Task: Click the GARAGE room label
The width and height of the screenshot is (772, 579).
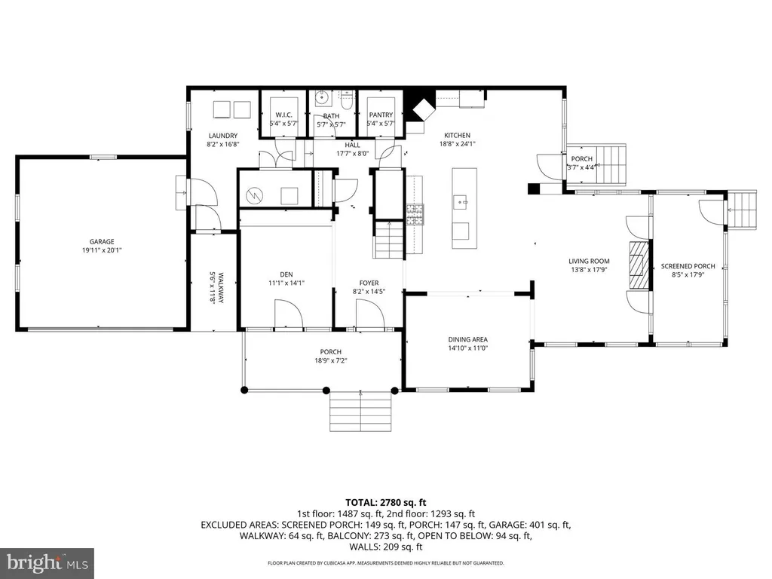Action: tap(102, 242)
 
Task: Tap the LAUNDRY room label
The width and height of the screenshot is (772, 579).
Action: tap(223, 136)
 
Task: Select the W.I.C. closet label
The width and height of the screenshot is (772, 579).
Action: tap(283, 115)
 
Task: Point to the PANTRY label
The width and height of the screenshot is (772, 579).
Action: tap(381, 115)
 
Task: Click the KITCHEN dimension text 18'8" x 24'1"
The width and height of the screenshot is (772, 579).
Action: tap(458, 144)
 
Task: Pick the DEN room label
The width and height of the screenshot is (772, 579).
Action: tap(286, 274)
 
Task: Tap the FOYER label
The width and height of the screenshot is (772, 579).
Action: tap(369, 283)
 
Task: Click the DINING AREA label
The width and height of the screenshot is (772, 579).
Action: tap(467, 339)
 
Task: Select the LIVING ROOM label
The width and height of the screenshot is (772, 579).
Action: tap(589, 262)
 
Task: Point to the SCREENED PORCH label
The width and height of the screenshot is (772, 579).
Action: tap(688, 266)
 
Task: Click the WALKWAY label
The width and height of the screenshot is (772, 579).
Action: tap(220, 287)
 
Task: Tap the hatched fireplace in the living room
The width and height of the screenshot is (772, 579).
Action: tap(639, 265)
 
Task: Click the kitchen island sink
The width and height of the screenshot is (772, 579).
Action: tap(461, 202)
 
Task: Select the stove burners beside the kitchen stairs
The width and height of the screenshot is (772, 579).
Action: tap(415, 215)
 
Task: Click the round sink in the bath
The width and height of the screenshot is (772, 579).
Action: tap(322, 96)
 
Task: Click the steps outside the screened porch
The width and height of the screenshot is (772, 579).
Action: tap(742, 210)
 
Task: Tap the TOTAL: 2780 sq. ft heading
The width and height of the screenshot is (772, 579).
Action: tap(385, 503)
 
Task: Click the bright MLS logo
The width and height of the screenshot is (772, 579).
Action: tap(47, 562)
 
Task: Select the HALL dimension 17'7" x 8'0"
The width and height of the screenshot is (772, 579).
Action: tap(353, 154)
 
